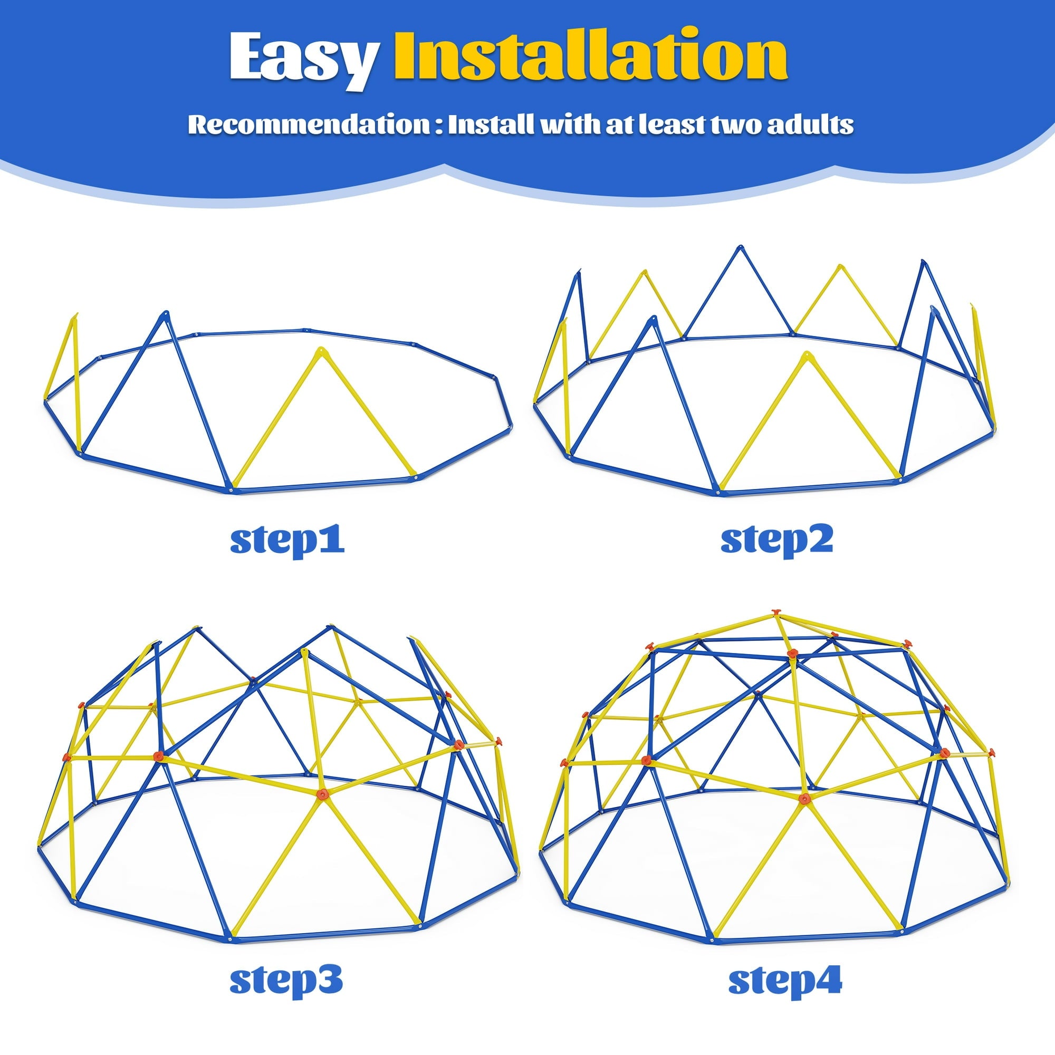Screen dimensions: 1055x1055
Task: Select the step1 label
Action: pos(287,540)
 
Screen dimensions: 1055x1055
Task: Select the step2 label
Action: pos(776,540)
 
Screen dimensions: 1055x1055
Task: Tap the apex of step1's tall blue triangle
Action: pos(165,314)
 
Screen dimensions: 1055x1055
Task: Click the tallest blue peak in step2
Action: pos(740,248)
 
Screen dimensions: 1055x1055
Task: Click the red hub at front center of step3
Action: pos(322,793)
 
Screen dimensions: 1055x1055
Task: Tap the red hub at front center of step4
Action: pos(803,799)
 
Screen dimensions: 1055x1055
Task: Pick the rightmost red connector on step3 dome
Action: pos(497,741)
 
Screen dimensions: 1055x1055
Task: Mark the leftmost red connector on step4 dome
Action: pos(564,762)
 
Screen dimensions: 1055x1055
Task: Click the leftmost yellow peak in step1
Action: pos(75,316)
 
